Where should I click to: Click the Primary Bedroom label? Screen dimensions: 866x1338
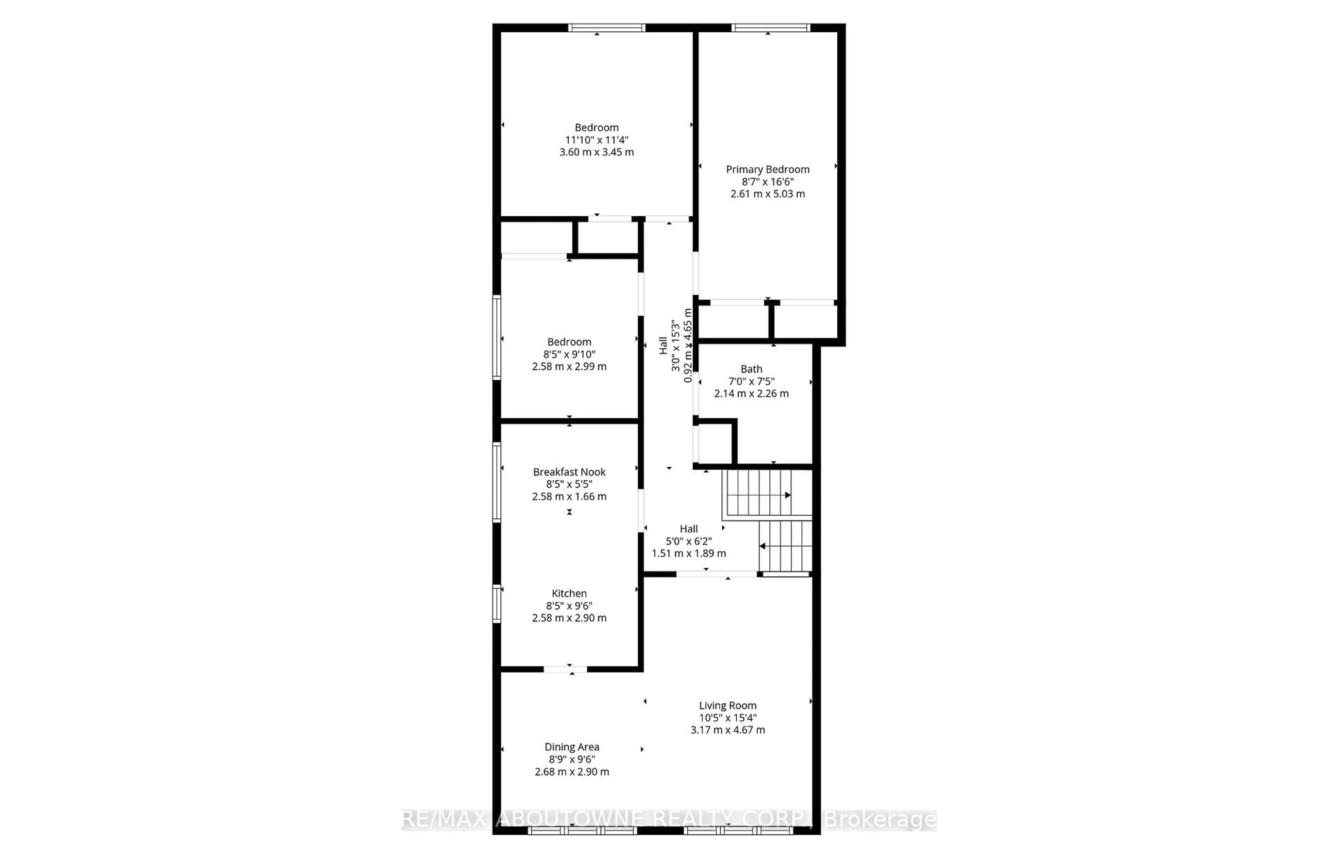point(767,169)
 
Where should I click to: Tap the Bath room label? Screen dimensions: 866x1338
point(751,369)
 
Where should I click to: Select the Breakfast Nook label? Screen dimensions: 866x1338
point(569,472)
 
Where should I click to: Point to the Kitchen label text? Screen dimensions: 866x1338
point(569,594)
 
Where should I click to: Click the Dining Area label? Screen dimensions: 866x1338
point(572,747)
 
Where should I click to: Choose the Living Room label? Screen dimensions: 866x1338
point(728,705)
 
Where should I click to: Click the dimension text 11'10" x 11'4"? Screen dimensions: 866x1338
point(597,140)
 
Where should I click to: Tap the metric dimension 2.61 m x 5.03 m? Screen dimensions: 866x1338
point(767,194)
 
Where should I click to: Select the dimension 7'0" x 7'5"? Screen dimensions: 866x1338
point(751,381)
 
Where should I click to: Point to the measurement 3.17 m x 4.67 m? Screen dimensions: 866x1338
point(728,730)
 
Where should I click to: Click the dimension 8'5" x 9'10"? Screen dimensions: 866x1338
point(569,354)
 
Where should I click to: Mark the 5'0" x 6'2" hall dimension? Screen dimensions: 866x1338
point(689,541)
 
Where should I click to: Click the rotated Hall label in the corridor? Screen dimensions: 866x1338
point(663,346)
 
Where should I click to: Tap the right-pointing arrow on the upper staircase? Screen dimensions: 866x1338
point(787,495)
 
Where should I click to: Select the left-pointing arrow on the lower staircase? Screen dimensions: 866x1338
point(763,546)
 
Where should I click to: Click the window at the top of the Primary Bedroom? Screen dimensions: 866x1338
point(770,28)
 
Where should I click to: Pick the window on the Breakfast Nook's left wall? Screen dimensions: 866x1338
point(497,482)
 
